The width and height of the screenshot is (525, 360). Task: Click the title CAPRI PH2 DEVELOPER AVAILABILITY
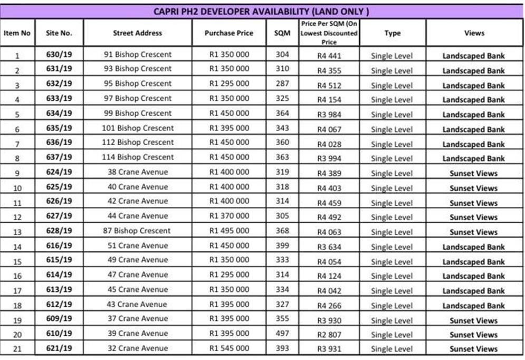pos(262,11)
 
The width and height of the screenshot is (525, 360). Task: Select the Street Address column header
pos(138,33)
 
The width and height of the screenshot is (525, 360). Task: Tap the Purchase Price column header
pos(229,33)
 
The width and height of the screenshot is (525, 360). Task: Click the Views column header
pos(474,33)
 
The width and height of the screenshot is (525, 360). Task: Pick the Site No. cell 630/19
pos(59,54)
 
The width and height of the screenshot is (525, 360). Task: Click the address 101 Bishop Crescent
pos(138,128)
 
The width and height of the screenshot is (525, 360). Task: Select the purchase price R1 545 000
pos(229,348)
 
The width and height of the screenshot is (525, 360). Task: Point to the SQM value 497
pos(282,334)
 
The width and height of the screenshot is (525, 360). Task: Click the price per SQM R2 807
pos(329,335)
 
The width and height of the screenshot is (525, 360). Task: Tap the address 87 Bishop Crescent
pos(138,231)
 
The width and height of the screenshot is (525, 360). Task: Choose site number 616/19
pos(59,245)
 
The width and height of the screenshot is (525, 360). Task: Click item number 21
pos(17,349)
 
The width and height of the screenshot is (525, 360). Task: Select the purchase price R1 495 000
pos(229,231)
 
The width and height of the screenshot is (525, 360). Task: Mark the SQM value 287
pos(282,83)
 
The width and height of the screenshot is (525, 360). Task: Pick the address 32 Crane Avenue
pos(138,348)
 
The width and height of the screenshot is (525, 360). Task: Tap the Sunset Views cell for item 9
pos(473,173)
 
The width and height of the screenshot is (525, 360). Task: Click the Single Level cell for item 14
pos(392,247)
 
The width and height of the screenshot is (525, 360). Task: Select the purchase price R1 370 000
pos(229,216)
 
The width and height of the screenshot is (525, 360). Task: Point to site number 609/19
pos(59,319)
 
